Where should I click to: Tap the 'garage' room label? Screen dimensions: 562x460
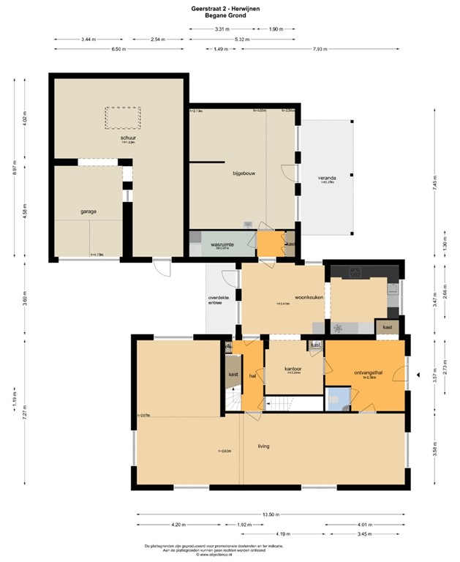click(x=89, y=211)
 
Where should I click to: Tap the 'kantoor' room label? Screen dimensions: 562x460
click(x=293, y=369)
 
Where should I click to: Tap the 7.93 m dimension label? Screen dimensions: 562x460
click(x=320, y=49)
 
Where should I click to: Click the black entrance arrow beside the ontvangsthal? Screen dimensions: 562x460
click(x=416, y=375)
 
